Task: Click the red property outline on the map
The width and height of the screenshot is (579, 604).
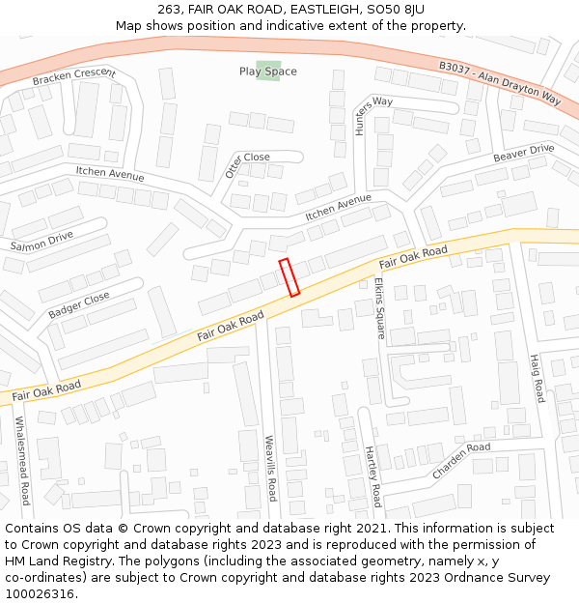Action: coord(289,276)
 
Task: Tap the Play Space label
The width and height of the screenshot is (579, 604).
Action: coord(268,72)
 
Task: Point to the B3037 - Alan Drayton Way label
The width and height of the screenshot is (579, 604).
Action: coord(499,81)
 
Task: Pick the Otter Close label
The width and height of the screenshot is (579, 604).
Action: coord(247,163)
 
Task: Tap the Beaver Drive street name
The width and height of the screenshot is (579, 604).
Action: coord(523,155)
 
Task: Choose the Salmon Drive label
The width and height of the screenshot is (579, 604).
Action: coord(41,241)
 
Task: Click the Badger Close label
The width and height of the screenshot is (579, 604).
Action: coord(78,305)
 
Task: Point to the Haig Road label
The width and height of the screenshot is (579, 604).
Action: coord(537,378)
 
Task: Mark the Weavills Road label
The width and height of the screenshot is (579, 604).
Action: coord(271,468)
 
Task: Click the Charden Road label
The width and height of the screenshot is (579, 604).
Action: coord(461,461)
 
